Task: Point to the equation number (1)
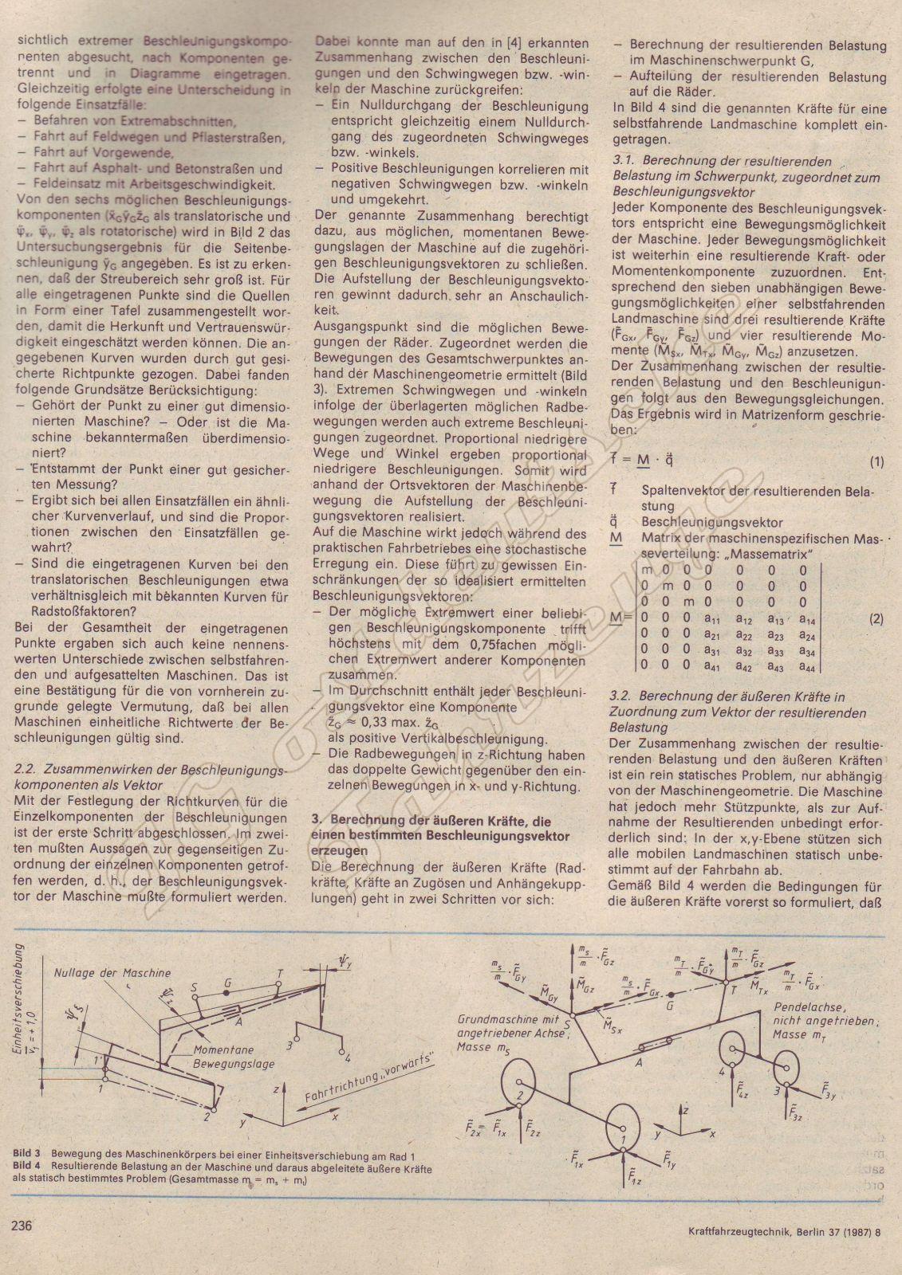coord(876,461)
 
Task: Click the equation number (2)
coord(876,618)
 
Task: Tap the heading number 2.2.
coord(27,769)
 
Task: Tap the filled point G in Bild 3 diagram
coord(228,994)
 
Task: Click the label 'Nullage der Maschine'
coord(113,972)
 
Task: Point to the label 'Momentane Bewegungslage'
coord(234,1057)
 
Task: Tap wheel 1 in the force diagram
coord(624,1130)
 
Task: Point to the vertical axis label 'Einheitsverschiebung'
coord(19,1000)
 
